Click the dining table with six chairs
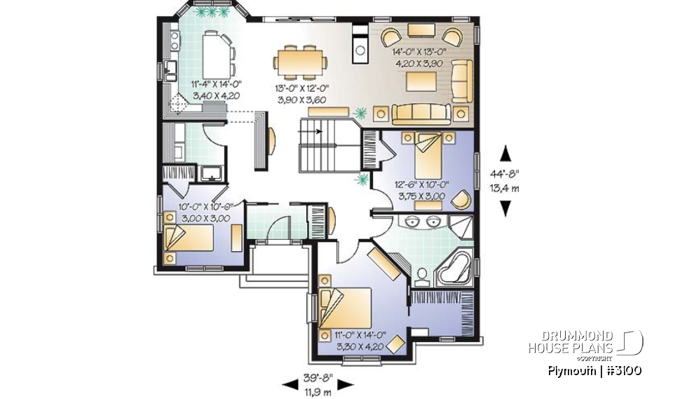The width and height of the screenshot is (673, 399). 301,60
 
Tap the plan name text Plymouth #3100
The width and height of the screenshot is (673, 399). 595,370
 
